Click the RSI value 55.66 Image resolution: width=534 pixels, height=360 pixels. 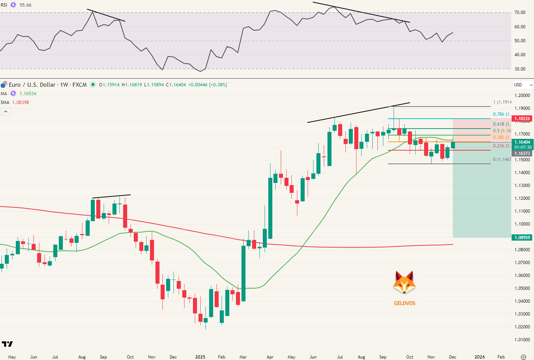pos(25,5)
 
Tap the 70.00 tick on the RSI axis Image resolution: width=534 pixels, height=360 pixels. pos(520,12)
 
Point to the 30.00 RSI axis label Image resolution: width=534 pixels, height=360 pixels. pos(520,69)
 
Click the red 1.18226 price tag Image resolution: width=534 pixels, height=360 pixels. pos(522,119)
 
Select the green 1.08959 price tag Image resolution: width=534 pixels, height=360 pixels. pos(522,238)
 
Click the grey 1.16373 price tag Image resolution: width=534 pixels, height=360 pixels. pos(522,154)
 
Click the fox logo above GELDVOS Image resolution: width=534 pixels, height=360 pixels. pos(404,283)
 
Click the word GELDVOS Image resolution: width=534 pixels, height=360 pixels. pos(405,303)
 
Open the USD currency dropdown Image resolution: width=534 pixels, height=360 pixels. pos(523,85)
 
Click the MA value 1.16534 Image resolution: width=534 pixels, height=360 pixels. pos(28,94)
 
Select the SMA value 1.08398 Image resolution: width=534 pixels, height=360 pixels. pos(21,102)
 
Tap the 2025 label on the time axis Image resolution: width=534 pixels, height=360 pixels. pos(200,357)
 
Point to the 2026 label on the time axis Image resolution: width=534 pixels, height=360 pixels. pos(479,357)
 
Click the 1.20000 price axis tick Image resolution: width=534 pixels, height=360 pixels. pos(522,96)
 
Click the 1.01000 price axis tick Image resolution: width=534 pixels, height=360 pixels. pos(522,340)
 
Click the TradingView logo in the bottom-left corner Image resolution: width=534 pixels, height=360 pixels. pos(7,344)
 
